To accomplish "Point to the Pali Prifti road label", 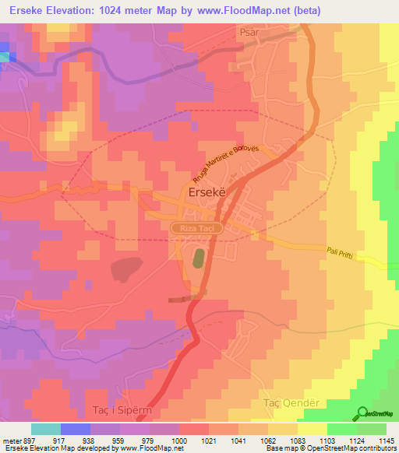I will click(344, 255).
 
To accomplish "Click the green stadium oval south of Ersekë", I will click(199, 258).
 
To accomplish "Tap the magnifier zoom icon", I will click(362, 414).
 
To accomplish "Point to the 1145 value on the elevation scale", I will click(387, 441).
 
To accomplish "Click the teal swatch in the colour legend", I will click(46, 429).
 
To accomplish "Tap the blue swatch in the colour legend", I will click(75, 429).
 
